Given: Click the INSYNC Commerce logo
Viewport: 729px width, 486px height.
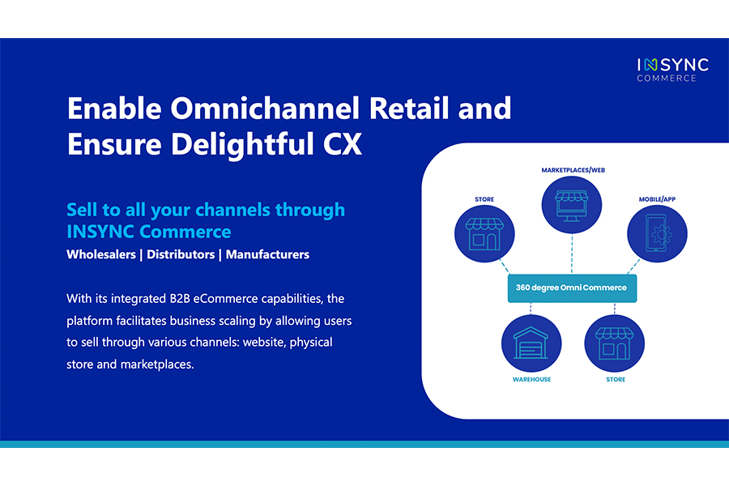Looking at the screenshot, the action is click(672, 70).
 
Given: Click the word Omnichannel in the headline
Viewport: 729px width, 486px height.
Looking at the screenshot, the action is click(266, 109).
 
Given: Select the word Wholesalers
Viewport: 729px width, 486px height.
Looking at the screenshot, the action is click(101, 254).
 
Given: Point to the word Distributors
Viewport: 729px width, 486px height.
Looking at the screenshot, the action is click(181, 254).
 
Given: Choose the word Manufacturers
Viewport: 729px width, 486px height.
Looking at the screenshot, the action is click(268, 254).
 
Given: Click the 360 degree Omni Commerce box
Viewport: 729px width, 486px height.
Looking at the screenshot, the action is click(572, 288).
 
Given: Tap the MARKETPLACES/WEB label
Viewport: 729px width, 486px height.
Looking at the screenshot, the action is click(573, 170).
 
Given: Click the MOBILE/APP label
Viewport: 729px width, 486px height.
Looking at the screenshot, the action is click(657, 199).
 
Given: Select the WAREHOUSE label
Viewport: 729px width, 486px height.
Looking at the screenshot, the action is click(531, 380).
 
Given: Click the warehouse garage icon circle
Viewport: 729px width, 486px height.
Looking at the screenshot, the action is click(531, 343).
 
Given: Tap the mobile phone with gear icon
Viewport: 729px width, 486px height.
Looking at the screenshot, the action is click(657, 233).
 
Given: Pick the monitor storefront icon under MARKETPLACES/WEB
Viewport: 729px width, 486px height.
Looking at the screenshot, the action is click(572, 205).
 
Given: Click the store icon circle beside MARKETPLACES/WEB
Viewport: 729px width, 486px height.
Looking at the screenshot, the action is click(484, 233).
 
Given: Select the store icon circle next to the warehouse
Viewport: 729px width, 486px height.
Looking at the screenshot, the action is click(615, 343).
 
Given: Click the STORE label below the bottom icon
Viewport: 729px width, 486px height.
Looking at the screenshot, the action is click(616, 380).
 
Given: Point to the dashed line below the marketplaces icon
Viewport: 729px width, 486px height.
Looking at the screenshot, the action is click(572, 254).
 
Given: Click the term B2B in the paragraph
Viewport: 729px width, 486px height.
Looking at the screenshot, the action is click(180, 299).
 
